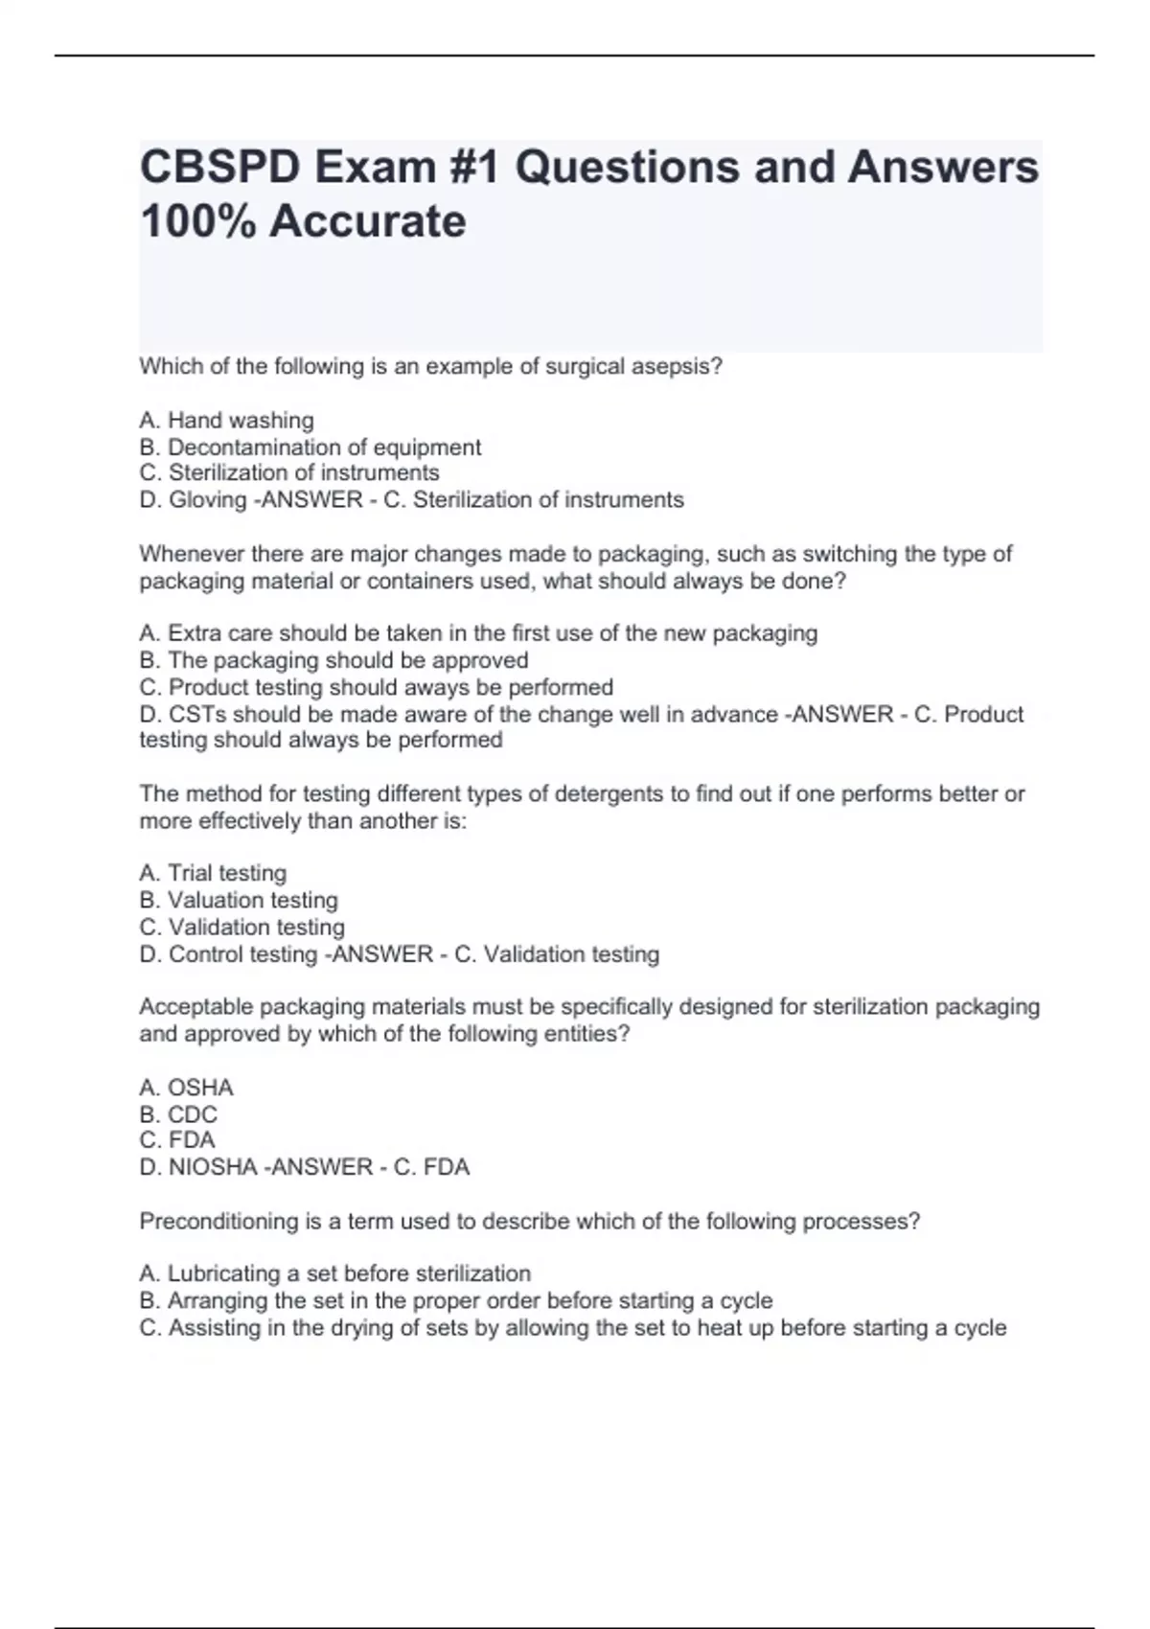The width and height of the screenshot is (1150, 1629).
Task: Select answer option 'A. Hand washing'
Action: coord(226,421)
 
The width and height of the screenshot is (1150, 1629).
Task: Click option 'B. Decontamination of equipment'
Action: coord(310,447)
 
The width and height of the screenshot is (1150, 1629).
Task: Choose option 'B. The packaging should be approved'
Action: coord(333,660)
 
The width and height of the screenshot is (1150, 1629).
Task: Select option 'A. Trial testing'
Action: coord(213,873)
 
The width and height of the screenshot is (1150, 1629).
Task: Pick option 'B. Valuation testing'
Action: coord(239,900)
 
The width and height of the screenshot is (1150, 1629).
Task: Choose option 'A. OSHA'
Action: coord(186,1088)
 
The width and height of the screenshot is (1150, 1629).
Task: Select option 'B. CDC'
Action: coord(178,1114)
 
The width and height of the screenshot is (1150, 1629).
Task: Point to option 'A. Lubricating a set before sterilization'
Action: coord(334,1273)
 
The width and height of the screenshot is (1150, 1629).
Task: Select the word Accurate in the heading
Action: coord(367,221)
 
